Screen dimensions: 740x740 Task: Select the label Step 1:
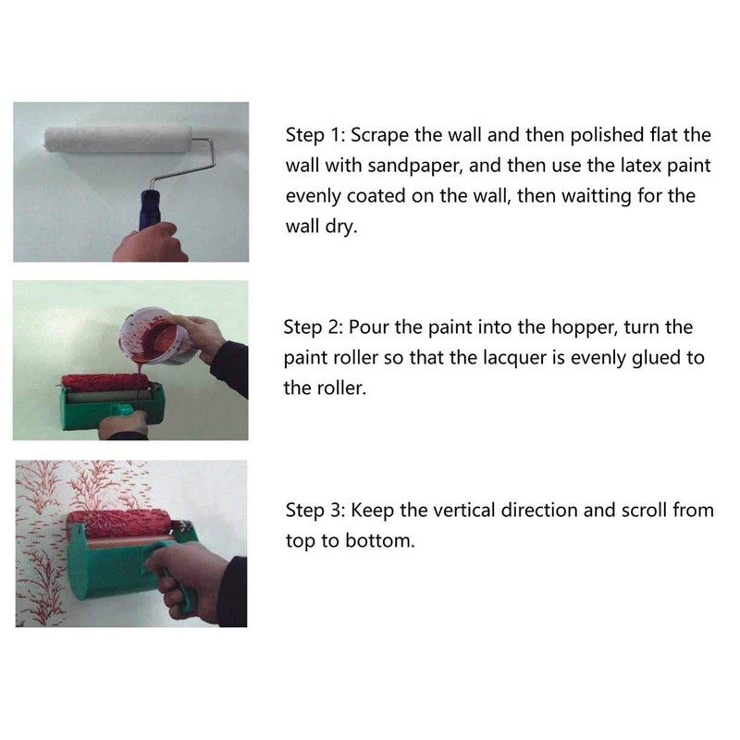click(314, 136)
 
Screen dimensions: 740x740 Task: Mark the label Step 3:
click(314, 511)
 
